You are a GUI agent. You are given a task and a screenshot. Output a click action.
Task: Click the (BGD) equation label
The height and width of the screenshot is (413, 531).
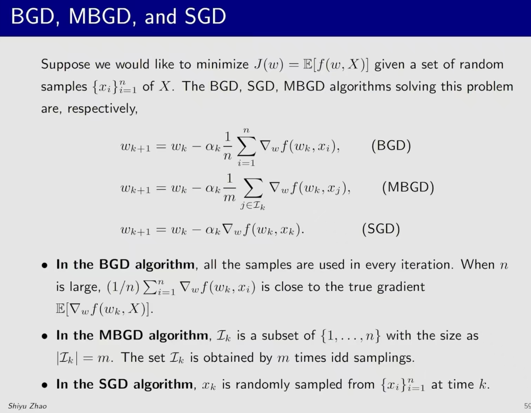click(391, 146)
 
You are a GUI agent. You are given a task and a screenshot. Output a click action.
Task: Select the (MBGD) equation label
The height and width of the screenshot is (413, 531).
click(408, 187)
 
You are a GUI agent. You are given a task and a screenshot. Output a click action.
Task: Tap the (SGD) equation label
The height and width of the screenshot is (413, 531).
click(381, 229)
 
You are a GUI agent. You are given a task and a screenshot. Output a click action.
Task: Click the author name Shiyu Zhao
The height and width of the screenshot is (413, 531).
click(28, 406)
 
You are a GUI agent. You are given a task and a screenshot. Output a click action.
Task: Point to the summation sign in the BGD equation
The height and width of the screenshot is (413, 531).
click(246, 146)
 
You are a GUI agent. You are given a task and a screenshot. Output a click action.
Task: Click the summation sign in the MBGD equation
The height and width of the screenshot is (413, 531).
click(253, 188)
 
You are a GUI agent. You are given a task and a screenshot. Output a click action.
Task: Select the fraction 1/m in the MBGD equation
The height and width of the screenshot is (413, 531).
click(229, 188)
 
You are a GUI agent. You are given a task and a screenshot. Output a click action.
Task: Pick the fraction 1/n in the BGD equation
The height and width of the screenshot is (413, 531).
click(227, 146)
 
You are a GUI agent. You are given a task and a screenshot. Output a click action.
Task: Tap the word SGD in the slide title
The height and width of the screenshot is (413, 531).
click(205, 16)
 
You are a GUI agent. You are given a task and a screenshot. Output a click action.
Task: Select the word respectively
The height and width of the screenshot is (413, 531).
click(102, 109)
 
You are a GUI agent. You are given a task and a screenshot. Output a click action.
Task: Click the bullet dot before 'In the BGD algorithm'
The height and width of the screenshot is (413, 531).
click(45, 265)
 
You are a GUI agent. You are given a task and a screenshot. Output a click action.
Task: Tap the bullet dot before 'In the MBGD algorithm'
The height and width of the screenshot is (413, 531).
click(45, 337)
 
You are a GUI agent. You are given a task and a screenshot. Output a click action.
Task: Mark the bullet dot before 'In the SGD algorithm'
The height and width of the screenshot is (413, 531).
click(45, 385)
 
